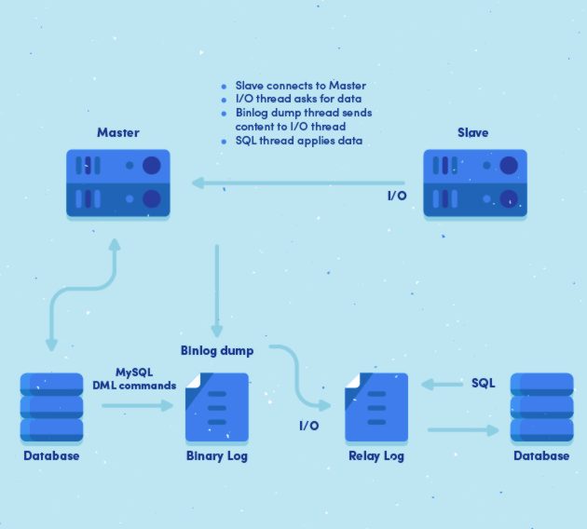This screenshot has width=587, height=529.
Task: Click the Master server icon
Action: (x=117, y=183)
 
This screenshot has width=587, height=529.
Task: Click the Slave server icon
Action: (x=471, y=183)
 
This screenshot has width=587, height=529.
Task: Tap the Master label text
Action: (x=117, y=133)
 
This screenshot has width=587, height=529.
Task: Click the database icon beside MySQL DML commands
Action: (x=51, y=407)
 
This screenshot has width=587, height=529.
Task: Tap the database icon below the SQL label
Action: (x=541, y=407)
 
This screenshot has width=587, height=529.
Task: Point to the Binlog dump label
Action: (x=216, y=350)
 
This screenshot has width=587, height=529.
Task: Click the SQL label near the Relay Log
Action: (x=484, y=383)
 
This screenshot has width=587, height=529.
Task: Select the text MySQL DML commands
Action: (x=134, y=378)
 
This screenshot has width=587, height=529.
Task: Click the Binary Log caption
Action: (x=217, y=456)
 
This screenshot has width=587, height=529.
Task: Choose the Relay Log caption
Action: (x=376, y=456)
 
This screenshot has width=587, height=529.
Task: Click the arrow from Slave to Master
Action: (x=298, y=183)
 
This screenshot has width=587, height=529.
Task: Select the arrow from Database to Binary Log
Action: (x=137, y=406)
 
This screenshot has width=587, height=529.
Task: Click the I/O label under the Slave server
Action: (x=396, y=197)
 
